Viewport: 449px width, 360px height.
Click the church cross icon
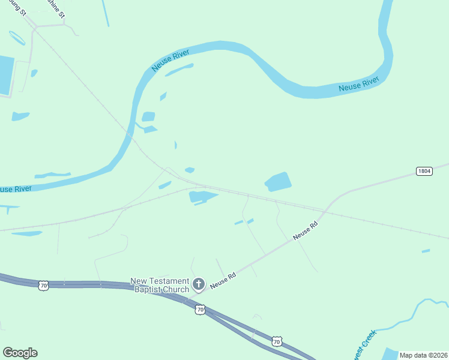[x=199, y=284]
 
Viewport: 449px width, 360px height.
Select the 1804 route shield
[x=424, y=171]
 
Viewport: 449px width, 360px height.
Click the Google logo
[x=20, y=353]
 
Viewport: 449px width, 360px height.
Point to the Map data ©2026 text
[x=424, y=355]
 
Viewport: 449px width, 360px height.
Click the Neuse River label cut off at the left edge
[x=16, y=189]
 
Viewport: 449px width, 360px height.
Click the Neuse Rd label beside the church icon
[x=223, y=280]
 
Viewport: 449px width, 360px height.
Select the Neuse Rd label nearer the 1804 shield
[x=305, y=232]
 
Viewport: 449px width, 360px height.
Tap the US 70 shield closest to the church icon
[x=200, y=310]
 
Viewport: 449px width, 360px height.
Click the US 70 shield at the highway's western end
[x=43, y=286]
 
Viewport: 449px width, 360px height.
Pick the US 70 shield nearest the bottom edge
[x=276, y=341]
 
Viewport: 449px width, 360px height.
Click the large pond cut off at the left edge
[x=5, y=76]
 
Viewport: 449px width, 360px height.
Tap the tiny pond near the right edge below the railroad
[x=426, y=251]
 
